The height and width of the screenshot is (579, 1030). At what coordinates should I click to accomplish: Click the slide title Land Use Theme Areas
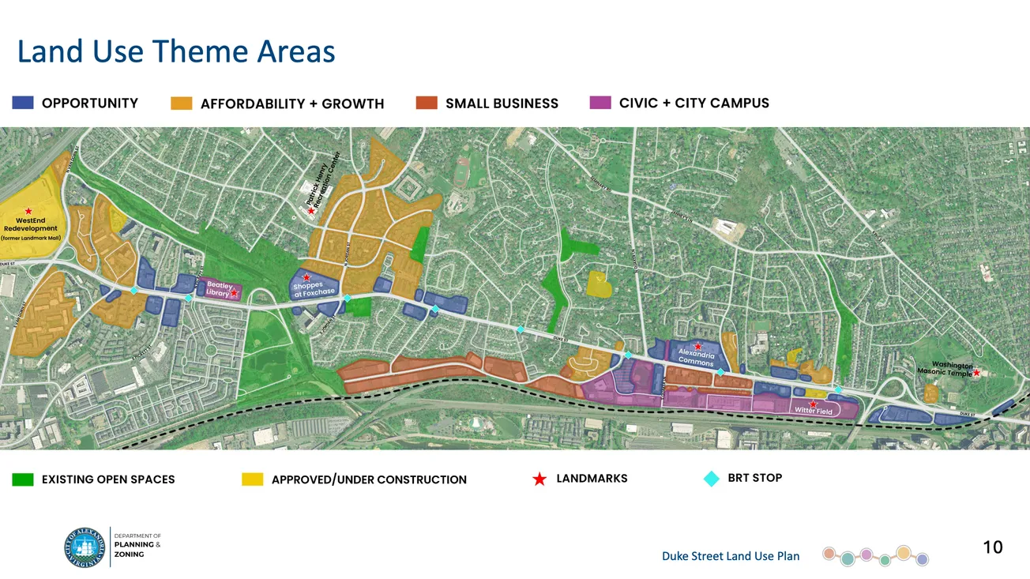[176, 52]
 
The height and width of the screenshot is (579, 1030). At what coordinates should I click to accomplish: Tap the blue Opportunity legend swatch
[23, 103]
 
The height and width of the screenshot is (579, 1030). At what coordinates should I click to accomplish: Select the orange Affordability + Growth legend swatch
[182, 103]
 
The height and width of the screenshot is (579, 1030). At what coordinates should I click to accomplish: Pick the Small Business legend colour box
[427, 103]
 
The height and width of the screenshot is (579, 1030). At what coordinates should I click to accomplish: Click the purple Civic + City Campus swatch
[600, 103]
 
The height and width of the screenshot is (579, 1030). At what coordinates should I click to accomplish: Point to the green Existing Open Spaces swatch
[23, 479]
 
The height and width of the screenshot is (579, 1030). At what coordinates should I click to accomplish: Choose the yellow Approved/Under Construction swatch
[252, 479]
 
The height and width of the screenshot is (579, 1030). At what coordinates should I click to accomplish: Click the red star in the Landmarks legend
[539, 479]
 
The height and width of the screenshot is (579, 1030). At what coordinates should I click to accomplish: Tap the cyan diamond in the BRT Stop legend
[712, 478]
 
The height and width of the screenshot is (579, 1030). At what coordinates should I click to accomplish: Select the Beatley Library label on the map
[218, 289]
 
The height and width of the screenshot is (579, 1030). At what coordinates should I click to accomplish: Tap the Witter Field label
[814, 411]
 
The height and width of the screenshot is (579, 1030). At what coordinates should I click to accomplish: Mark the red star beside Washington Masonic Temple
[977, 373]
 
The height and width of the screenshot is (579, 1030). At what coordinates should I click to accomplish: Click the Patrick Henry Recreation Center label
[325, 181]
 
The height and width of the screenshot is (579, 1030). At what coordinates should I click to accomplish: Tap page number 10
[992, 547]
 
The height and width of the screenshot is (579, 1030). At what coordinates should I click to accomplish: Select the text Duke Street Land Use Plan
[730, 556]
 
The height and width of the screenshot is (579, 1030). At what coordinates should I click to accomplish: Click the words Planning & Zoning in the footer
[137, 549]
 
